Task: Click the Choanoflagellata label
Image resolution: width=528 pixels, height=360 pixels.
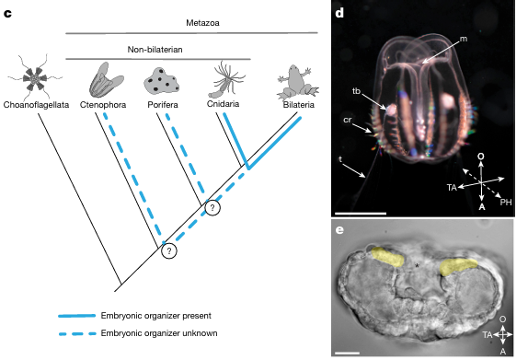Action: pyautogui.click(x=36, y=105)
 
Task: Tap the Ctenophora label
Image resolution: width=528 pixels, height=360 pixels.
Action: pyautogui.click(x=103, y=105)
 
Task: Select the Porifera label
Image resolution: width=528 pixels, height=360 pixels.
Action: pyautogui.click(x=163, y=105)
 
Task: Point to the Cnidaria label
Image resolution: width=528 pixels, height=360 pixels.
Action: pyautogui.click(x=223, y=103)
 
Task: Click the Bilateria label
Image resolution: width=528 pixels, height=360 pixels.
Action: pyautogui.click(x=299, y=105)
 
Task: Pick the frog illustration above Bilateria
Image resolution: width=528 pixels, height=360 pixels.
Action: pyautogui.click(x=297, y=82)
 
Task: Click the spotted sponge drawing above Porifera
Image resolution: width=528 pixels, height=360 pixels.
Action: pyautogui.click(x=161, y=81)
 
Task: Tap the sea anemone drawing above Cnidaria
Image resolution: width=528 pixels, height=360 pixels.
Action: pyautogui.click(x=227, y=79)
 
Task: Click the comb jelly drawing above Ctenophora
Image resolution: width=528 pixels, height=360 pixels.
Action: pyautogui.click(x=106, y=80)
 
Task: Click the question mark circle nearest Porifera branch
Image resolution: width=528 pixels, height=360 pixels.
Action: pyautogui.click(x=212, y=208)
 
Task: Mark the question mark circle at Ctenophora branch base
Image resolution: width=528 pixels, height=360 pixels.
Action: pyautogui.click(x=169, y=250)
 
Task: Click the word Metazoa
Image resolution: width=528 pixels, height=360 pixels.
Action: pyautogui.click(x=202, y=23)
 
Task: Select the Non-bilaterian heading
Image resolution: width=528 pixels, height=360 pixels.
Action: pyautogui.click(x=155, y=50)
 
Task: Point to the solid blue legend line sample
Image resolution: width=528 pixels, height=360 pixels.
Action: pyautogui.click(x=77, y=316)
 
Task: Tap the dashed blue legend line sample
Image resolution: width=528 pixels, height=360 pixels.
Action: pyautogui.click(x=77, y=333)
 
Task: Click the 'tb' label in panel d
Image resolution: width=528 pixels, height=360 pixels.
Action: pyautogui.click(x=356, y=91)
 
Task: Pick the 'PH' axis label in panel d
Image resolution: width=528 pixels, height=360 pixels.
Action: pyautogui.click(x=506, y=203)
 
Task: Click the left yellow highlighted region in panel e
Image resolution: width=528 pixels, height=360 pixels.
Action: pyautogui.click(x=387, y=257)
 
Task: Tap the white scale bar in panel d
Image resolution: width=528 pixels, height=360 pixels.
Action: pyautogui.click(x=361, y=214)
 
